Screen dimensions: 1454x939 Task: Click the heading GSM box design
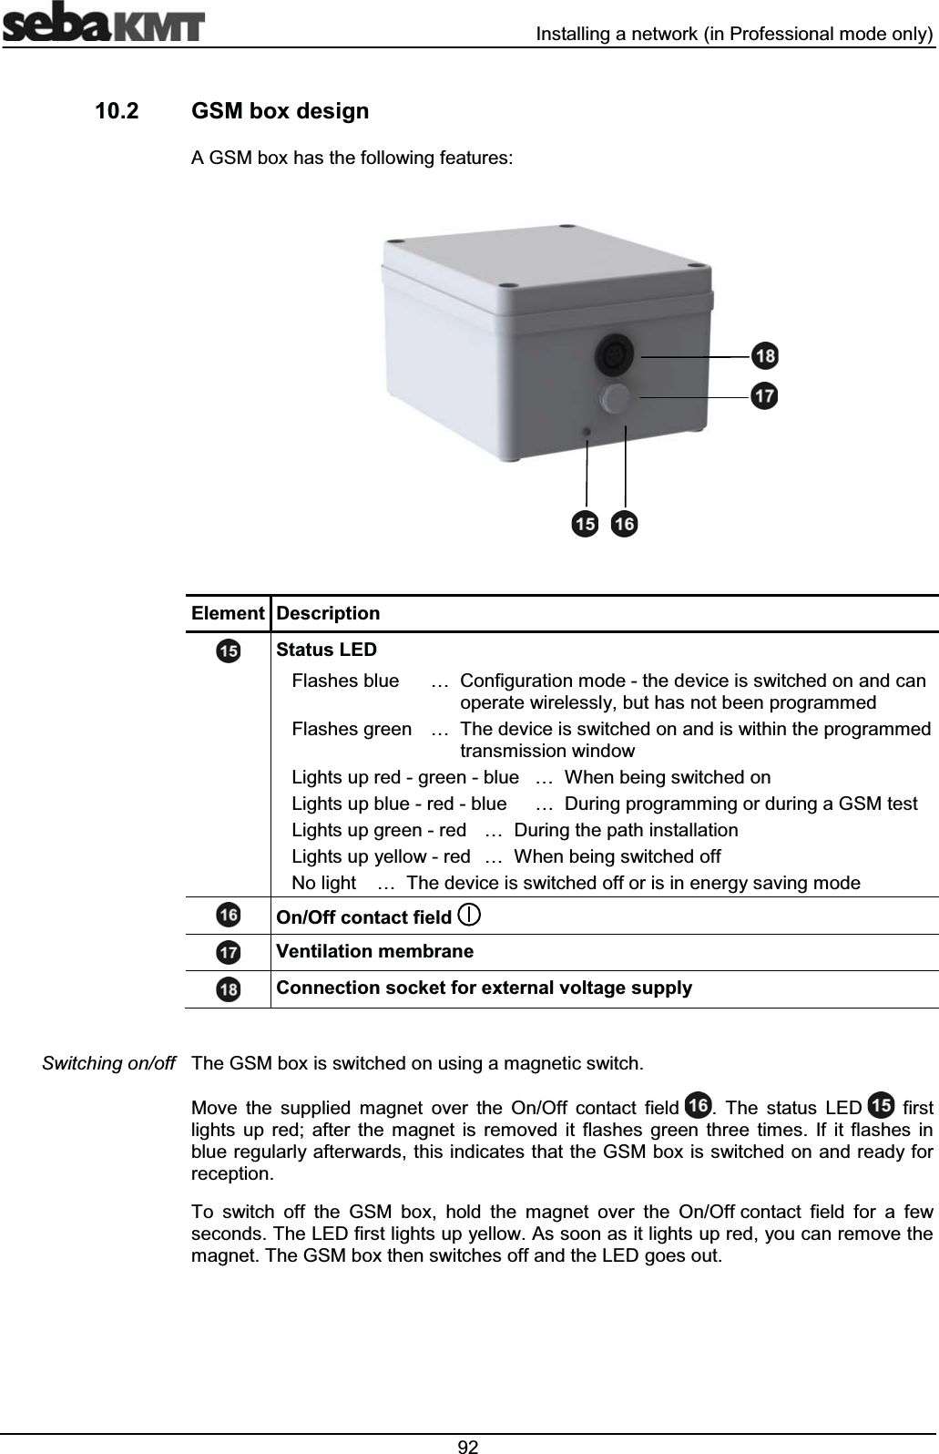click(281, 112)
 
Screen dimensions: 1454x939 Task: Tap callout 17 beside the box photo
click(765, 396)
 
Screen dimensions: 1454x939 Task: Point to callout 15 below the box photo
click(585, 525)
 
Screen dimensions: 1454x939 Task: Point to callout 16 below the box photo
click(625, 525)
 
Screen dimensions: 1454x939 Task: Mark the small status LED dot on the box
click(587, 431)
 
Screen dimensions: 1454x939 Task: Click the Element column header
click(228, 613)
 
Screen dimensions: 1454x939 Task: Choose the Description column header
click(328, 613)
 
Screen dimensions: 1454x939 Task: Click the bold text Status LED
click(326, 650)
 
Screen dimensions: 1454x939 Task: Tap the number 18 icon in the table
click(229, 988)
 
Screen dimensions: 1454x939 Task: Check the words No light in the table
click(323, 883)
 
